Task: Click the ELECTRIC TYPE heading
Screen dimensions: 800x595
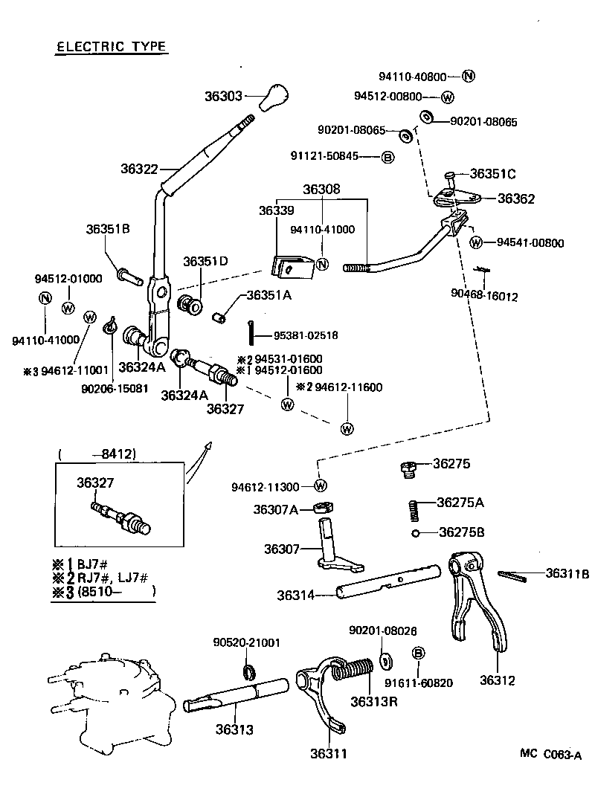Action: [112, 47]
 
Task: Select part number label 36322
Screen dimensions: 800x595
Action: [139, 169]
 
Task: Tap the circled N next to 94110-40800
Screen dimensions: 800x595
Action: [469, 77]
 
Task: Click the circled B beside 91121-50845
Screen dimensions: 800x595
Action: [387, 157]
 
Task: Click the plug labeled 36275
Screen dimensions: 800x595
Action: [407, 468]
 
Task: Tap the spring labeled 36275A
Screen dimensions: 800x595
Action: [415, 510]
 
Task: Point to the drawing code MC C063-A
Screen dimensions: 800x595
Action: [550, 754]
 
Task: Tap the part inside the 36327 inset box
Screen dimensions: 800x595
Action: [123, 517]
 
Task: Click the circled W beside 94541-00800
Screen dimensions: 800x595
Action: [477, 242]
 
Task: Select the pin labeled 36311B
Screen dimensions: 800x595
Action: [512, 573]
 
